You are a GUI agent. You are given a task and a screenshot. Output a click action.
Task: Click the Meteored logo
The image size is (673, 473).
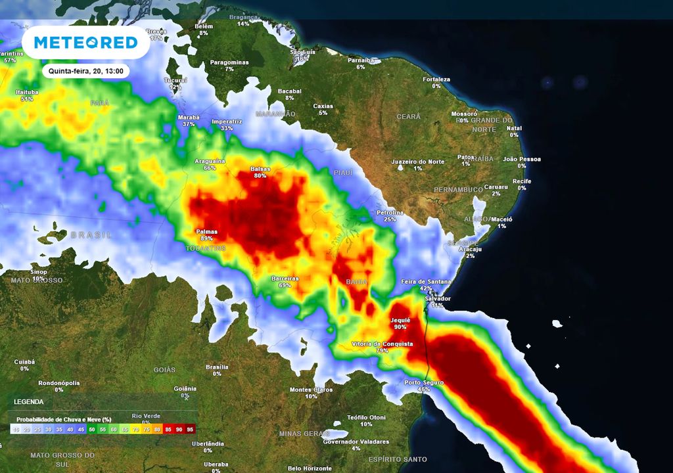(85, 43)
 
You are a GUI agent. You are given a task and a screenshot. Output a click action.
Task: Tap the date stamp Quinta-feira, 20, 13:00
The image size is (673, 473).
(85, 71)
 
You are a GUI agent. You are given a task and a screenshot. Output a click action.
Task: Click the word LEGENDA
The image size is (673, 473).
(29, 401)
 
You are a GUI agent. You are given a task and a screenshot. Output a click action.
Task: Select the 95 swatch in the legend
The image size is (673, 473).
(190, 429)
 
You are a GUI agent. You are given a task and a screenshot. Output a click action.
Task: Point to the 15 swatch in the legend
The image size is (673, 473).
(15, 429)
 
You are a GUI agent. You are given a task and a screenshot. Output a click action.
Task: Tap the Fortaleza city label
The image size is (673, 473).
(436, 79)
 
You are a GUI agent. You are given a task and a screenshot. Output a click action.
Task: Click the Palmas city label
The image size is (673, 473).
(206, 231)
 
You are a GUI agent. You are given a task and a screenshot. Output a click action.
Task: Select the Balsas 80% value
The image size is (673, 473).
(260, 175)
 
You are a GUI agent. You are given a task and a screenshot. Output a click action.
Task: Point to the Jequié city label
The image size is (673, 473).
(400, 320)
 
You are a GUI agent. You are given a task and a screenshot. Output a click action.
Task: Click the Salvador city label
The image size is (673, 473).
(438, 298)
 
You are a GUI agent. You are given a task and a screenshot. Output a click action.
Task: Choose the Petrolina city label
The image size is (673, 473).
(390, 212)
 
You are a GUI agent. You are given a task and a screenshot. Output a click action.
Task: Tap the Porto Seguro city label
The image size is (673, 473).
(424, 382)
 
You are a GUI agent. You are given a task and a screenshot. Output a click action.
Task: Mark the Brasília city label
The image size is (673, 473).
(217, 367)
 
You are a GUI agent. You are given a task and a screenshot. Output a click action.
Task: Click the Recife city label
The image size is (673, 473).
(522, 181)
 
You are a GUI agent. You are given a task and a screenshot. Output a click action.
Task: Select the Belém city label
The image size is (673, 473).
(204, 26)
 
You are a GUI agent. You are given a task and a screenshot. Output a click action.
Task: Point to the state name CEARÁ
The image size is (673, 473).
(408, 116)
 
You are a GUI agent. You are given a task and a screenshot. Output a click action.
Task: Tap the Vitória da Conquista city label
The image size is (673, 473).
(383, 344)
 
